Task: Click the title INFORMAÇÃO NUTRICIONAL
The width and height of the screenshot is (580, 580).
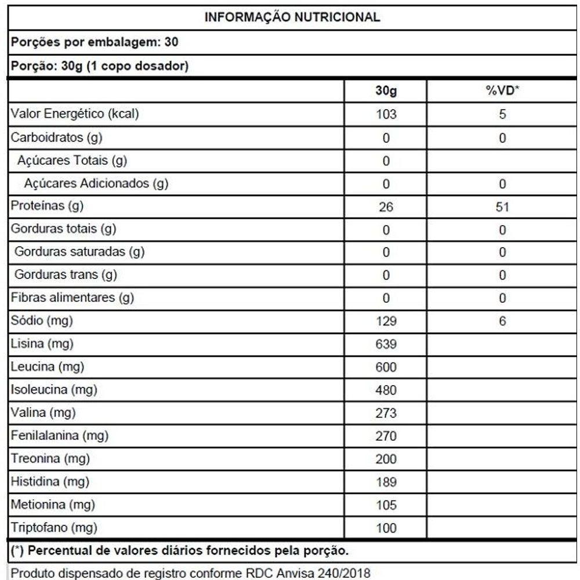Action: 292,17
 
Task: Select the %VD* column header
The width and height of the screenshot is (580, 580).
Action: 502,92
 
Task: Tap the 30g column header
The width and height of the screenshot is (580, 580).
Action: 386,92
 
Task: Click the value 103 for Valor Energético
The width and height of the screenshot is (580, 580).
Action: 386,115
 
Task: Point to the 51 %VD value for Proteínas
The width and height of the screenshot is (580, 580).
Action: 502,207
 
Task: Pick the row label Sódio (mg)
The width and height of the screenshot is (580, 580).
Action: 42,320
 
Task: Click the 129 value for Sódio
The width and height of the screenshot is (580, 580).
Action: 386,321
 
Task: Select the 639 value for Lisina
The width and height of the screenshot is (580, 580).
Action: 386,344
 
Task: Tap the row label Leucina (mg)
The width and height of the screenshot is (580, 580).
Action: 47,367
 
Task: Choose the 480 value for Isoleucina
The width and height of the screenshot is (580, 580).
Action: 386,390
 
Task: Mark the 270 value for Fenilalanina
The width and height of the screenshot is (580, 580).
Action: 386,436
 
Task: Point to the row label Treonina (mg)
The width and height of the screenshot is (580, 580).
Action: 49,459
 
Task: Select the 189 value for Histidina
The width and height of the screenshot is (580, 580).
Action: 386,482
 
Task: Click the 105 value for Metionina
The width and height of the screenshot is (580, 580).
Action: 386,505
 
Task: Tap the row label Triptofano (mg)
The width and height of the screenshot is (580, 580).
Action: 54,527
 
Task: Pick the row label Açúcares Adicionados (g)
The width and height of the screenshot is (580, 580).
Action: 96,184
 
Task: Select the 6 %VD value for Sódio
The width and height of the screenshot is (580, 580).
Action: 502,321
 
